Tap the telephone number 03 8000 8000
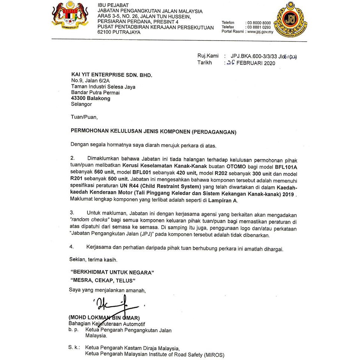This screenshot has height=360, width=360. coord(258,23)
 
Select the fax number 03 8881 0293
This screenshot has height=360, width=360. coord(258,27)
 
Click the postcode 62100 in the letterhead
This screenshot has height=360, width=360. coord(105,33)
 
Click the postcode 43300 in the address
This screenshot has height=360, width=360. coord(79,98)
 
